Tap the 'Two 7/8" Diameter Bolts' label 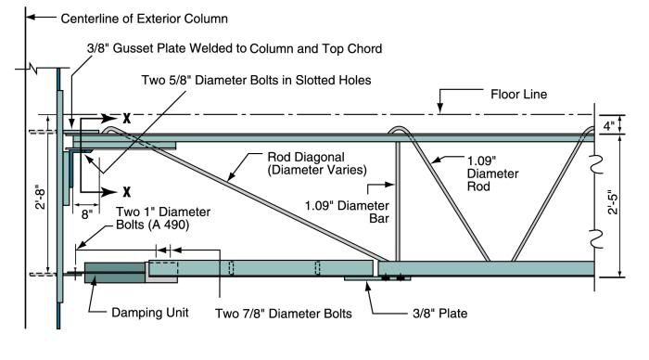coord(283,313)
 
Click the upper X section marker coord(125,119)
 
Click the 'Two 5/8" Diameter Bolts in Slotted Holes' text coord(255,81)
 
